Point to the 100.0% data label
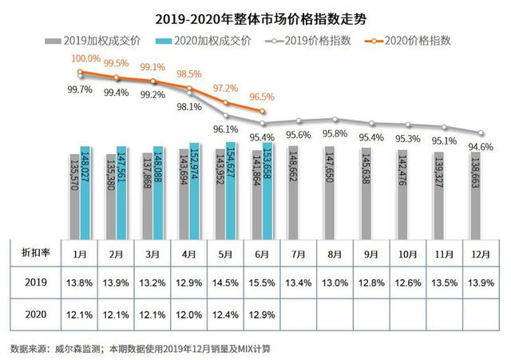85,58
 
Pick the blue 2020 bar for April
195,190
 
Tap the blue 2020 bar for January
85,192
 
